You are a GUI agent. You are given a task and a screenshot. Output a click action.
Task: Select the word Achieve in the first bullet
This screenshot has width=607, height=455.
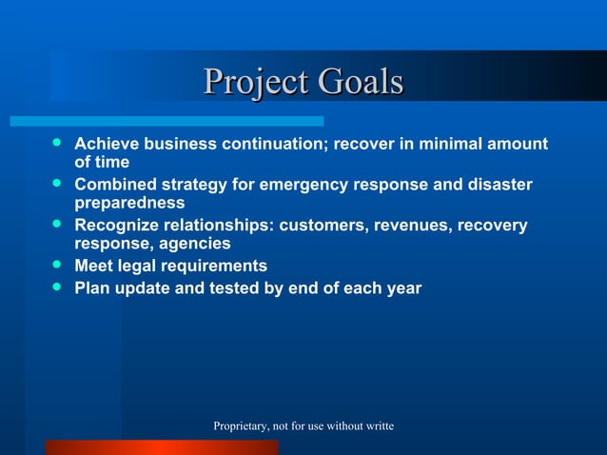pos(108,144)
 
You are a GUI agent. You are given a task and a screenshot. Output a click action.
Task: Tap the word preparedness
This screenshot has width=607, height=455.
pos(129,203)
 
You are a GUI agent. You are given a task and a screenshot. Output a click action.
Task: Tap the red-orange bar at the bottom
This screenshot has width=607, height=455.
pos(162,447)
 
